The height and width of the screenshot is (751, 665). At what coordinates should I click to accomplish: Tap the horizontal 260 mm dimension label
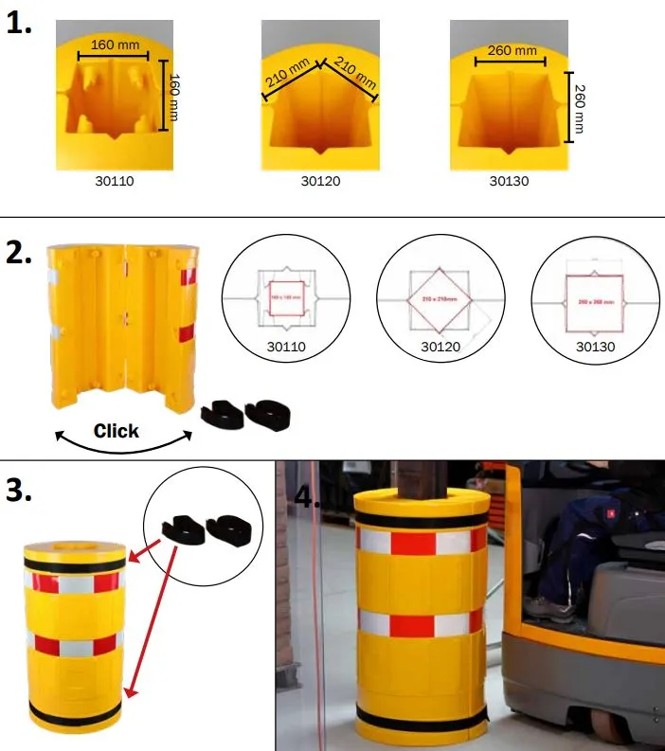(512, 50)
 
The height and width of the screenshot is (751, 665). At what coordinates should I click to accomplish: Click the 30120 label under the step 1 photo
(320, 181)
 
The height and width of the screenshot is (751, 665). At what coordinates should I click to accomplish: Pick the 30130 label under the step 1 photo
(509, 181)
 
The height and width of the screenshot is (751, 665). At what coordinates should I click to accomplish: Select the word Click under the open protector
(116, 431)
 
